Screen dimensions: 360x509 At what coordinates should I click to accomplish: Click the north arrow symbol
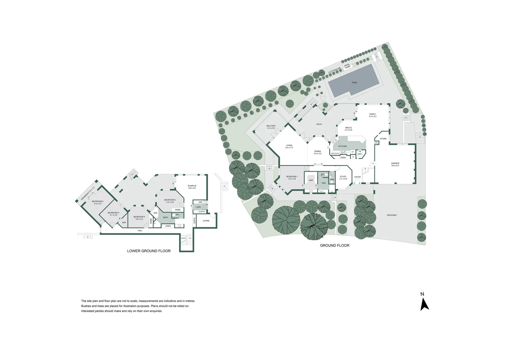pos(424,304)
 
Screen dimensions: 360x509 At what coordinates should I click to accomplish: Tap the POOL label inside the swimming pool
pos(354,83)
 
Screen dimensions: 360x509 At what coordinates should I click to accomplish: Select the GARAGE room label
pos(395,164)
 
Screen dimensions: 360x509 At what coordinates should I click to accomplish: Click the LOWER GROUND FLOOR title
pos(149,251)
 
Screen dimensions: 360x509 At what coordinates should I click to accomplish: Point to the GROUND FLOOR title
pos(334,246)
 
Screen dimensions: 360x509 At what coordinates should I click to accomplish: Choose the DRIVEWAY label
pos(392,215)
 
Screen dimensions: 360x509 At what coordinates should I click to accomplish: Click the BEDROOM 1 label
pos(292,177)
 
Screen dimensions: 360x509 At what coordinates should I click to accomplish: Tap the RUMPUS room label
pos(192,186)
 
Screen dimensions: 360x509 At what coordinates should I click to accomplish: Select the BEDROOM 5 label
pos(170,200)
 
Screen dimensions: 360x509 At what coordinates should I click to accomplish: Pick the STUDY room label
pos(343,177)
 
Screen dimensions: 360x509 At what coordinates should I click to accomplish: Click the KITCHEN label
pos(342,146)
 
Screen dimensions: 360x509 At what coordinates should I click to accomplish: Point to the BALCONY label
pos(271,126)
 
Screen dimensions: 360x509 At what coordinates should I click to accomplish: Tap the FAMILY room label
pos(372,114)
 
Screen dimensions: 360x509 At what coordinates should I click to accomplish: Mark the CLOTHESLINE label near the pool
pos(334,70)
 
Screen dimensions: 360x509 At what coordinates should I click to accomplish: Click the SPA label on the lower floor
pos(155,213)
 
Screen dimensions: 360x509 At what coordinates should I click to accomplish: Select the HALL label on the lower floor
pos(140,231)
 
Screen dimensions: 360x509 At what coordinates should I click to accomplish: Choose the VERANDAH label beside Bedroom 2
pos(87,194)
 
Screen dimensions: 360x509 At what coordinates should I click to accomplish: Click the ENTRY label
pos(357,177)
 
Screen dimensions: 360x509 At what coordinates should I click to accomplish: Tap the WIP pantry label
pos(359,154)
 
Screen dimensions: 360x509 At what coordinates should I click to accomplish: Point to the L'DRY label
pos(198,207)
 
